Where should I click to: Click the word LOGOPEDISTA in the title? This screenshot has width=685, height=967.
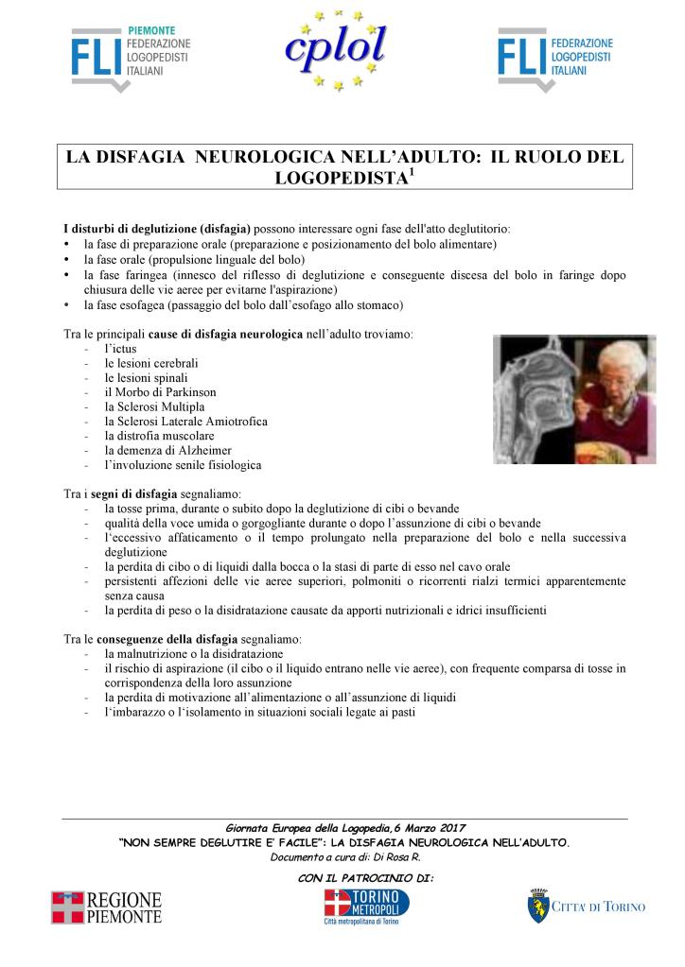[x=338, y=178]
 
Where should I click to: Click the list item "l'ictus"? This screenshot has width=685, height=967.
[x=120, y=349]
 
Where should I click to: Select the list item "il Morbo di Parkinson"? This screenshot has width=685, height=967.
[x=161, y=391]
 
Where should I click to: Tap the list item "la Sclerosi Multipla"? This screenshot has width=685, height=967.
[x=154, y=406]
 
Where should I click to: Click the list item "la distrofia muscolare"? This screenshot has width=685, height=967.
[x=159, y=436]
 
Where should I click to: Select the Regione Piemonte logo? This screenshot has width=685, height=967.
[x=106, y=907]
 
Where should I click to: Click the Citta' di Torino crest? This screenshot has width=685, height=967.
[x=538, y=906]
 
